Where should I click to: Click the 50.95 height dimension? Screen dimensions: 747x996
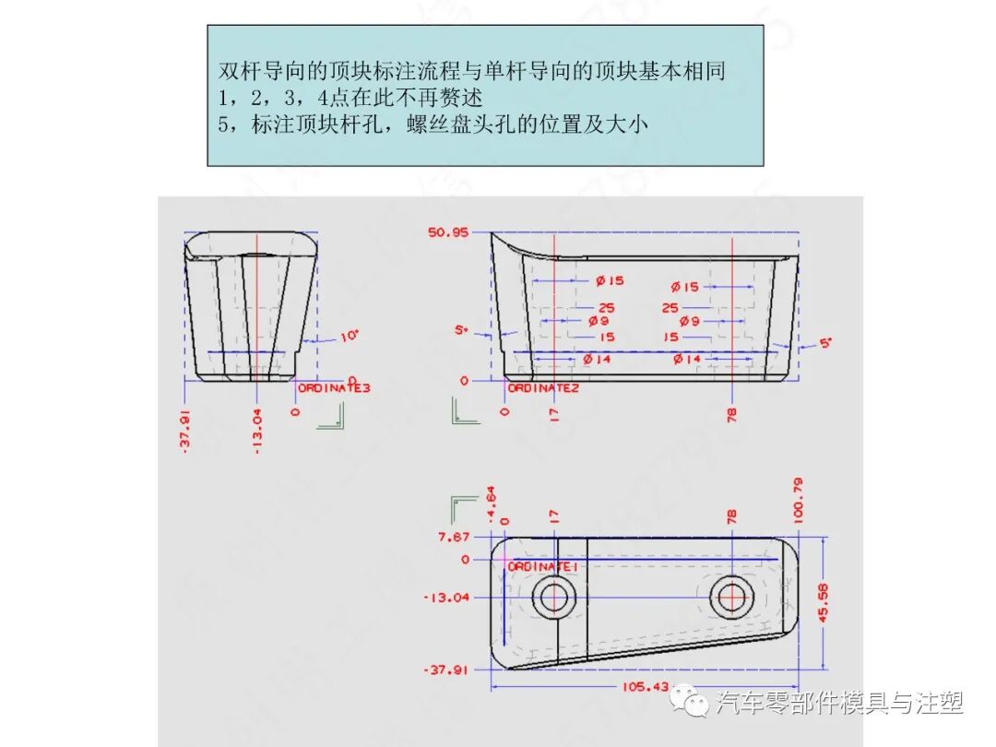point(447,232)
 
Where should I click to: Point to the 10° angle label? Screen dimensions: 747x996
point(349,337)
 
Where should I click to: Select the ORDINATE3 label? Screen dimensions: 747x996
point(334,388)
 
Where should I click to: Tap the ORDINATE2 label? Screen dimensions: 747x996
point(543,388)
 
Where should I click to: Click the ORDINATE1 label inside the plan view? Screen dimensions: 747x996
point(543,566)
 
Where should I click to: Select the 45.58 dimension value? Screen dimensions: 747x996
point(823,601)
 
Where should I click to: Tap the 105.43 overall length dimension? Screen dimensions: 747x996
point(646,686)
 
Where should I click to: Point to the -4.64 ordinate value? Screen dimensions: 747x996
point(491,503)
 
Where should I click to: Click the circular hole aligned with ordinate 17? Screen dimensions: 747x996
point(554,597)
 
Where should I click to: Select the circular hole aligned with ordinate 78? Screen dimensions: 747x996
point(732,597)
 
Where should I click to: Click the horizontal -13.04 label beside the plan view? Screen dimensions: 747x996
point(446,597)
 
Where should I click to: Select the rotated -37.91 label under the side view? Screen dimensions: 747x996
point(185,432)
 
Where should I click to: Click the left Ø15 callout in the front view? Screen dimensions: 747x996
point(610,280)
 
